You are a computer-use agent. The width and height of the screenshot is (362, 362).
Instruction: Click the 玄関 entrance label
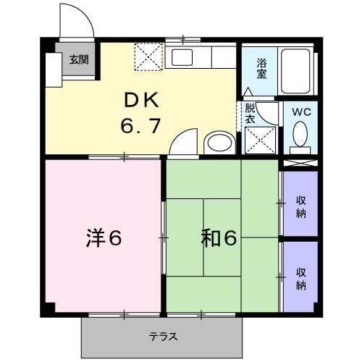(79, 59)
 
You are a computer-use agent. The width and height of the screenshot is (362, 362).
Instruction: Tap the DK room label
(142, 100)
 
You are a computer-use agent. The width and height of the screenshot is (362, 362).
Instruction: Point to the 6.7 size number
(140, 126)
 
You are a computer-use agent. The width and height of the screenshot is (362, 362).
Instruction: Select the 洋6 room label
(104, 237)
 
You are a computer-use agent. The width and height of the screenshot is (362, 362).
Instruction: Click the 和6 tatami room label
(219, 237)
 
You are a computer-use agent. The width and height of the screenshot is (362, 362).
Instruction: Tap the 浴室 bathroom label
(261, 68)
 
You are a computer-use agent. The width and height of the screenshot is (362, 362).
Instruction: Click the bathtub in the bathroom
(295, 71)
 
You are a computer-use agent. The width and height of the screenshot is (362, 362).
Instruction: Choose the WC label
(301, 112)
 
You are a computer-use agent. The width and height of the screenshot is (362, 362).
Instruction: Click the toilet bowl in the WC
(300, 134)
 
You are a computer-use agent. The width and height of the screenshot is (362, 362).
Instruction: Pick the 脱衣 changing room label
(250, 114)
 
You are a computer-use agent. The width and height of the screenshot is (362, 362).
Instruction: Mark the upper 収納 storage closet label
(301, 207)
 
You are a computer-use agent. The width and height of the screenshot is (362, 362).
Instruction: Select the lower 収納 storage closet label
(301, 279)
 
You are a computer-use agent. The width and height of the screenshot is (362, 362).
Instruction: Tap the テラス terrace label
(163, 336)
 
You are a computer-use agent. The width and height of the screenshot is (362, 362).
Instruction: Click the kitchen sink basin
(182, 57)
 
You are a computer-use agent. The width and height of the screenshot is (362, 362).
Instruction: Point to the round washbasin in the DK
(219, 143)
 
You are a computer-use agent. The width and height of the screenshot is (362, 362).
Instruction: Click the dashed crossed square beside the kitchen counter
(148, 56)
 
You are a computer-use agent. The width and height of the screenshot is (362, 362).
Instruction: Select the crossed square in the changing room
(260, 140)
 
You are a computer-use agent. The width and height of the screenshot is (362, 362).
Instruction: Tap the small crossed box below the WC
(300, 163)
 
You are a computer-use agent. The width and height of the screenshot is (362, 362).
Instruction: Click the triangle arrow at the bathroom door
(248, 92)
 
